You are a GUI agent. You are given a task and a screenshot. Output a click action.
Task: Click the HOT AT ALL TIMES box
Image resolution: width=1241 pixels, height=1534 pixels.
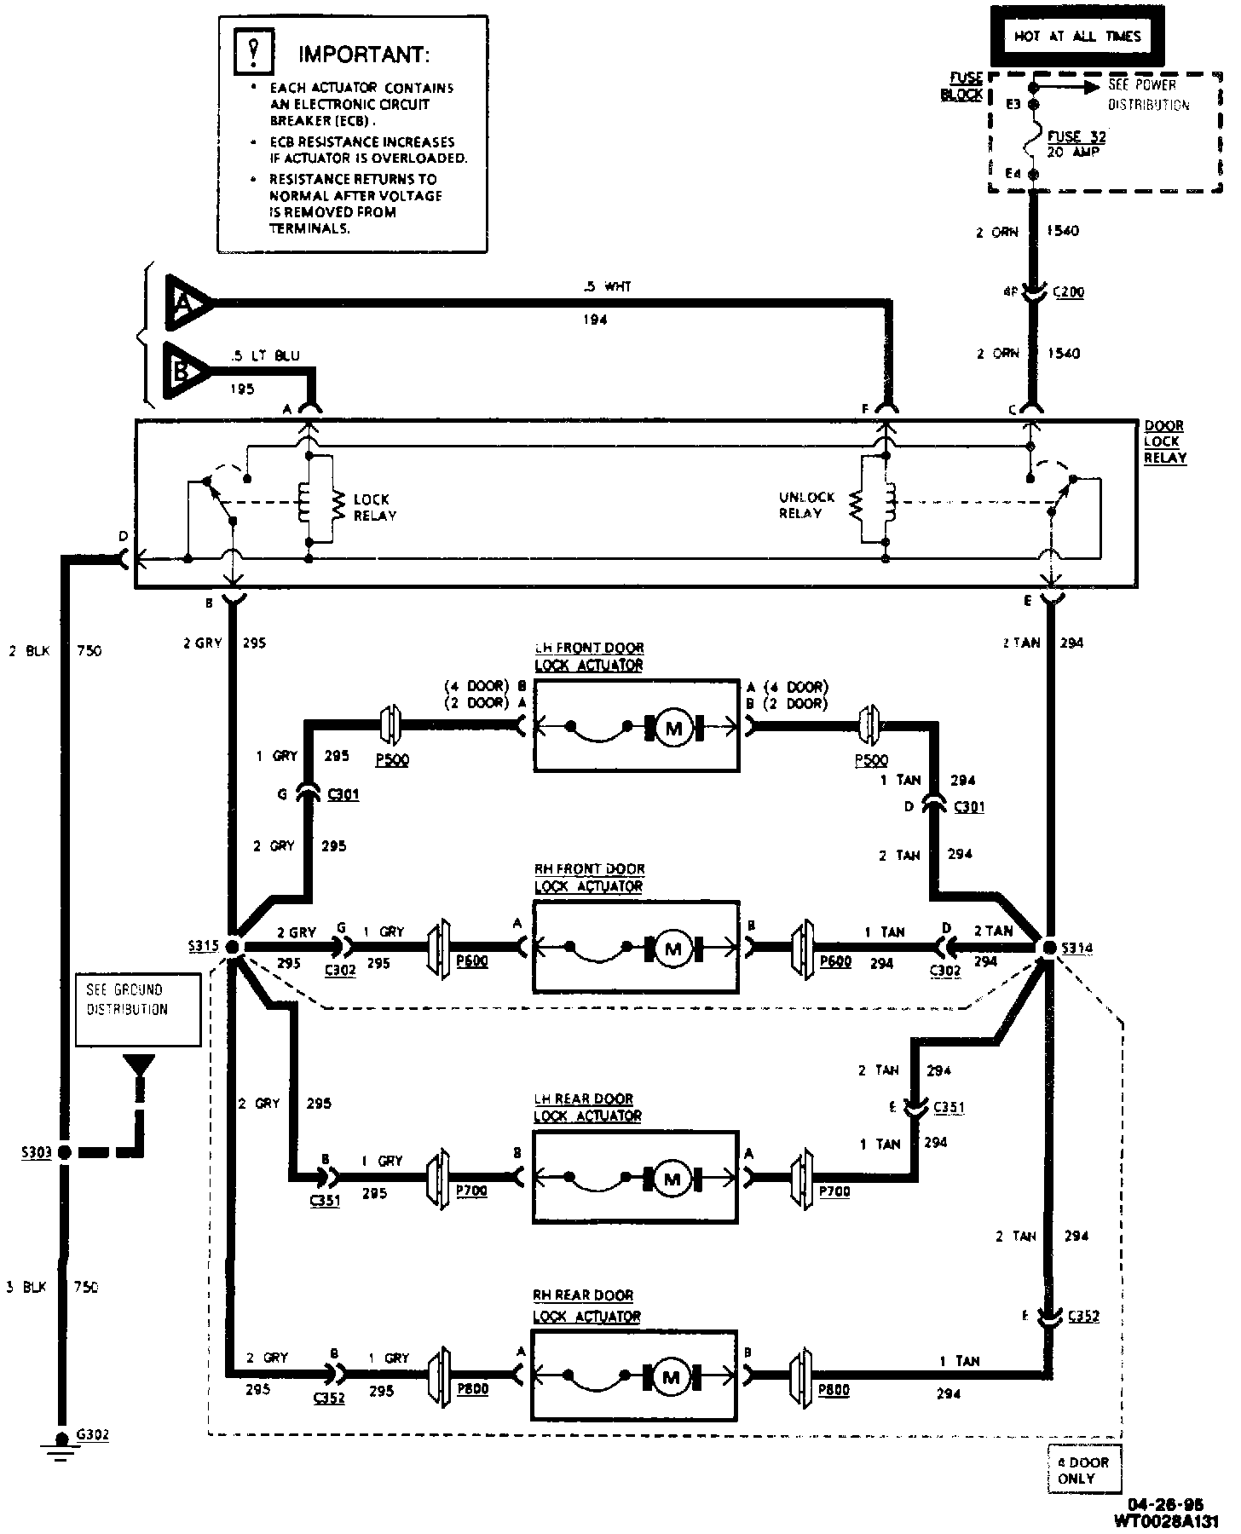(x=1076, y=37)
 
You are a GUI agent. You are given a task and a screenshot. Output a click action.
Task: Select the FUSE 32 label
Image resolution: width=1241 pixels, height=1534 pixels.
(x=1076, y=136)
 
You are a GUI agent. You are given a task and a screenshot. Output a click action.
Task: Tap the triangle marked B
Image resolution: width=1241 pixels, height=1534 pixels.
(x=184, y=372)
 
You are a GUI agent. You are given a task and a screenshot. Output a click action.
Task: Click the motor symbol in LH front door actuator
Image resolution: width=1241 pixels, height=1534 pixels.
(x=674, y=727)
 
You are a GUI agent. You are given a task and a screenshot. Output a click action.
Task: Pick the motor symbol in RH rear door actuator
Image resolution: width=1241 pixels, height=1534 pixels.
(x=672, y=1377)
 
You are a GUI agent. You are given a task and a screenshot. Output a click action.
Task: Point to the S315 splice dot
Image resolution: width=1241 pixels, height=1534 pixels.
(x=233, y=946)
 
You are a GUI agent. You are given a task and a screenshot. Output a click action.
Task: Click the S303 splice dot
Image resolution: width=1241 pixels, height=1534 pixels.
(x=64, y=1152)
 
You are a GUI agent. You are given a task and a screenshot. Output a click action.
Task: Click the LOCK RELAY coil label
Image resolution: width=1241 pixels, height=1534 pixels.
(x=374, y=508)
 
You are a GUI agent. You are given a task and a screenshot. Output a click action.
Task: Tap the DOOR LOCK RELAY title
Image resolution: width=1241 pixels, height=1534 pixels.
(x=1163, y=441)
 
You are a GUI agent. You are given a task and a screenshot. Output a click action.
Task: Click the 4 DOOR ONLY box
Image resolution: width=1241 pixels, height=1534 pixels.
(x=1084, y=1470)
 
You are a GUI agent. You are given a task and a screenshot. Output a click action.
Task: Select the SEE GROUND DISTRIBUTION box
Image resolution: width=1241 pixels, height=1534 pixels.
(x=137, y=1010)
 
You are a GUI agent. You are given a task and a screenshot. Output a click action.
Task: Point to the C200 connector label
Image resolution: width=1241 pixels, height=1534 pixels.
(x=1069, y=292)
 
